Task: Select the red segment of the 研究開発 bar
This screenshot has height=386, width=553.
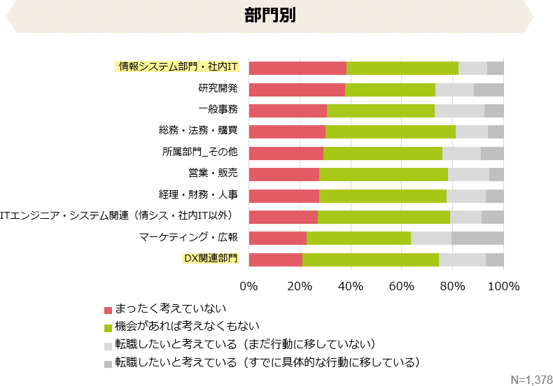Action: pos(297,90)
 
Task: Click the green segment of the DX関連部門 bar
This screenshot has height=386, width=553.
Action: pos(370,259)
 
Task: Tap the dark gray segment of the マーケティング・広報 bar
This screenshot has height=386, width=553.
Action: pos(477,238)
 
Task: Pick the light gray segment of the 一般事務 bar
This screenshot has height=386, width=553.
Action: pos(459,110)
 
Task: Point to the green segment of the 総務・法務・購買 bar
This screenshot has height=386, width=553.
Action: pos(391,131)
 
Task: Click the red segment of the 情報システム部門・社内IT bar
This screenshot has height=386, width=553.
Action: pos(297,68)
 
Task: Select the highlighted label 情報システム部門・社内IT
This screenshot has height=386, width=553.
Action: pos(178,67)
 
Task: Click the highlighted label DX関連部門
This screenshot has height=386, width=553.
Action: pos(210,259)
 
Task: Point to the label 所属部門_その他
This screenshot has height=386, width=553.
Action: pos(199,152)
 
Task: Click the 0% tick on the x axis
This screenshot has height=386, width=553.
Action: pos(248,286)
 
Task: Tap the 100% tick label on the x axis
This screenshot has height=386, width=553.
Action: pos(503,286)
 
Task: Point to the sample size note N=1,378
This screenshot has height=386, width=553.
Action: pos(531,379)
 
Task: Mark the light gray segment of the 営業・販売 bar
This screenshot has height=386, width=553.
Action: pos(468,174)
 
